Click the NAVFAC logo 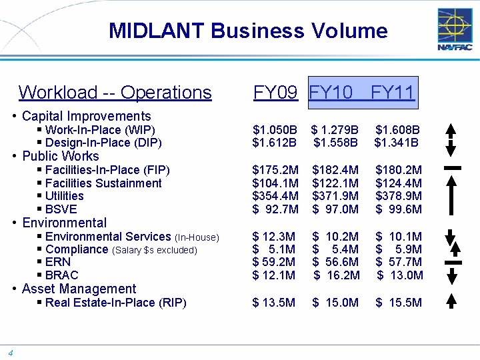(x=455, y=30)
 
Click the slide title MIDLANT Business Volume (x=248, y=31)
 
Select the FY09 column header (x=275, y=92)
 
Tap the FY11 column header (x=392, y=92)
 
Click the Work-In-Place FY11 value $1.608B (x=397, y=129)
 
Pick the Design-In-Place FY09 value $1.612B (x=275, y=142)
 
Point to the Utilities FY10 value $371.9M (x=335, y=196)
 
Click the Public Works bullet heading (x=61, y=156)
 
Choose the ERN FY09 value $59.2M (x=275, y=262)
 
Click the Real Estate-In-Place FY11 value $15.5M (x=398, y=303)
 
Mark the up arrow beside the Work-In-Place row (x=451, y=130)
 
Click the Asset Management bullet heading (x=79, y=289)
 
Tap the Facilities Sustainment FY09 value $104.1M (x=275, y=183)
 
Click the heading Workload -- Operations (x=115, y=92)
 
